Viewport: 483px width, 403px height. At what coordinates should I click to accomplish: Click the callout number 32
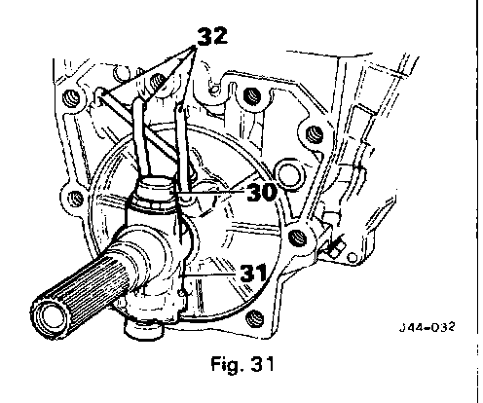point(212,35)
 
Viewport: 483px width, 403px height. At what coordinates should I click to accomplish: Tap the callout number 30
point(262,192)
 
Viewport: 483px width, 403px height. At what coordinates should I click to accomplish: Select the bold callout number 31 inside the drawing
point(253,273)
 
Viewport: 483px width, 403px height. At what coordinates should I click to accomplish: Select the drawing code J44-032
point(427,327)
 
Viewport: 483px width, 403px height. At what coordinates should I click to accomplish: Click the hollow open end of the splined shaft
point(51,316)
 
